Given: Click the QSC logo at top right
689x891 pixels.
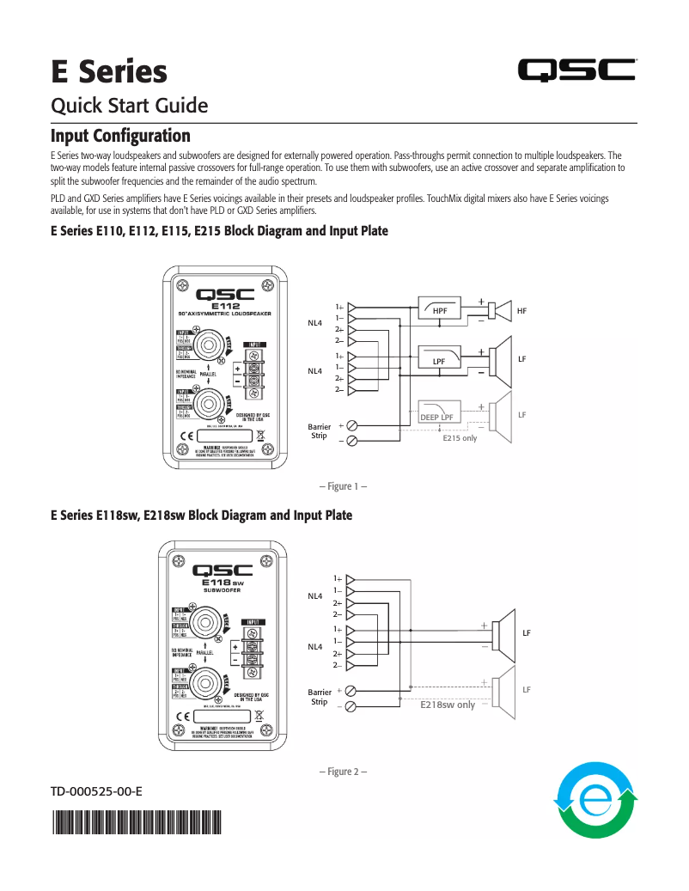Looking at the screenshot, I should pos(576,71).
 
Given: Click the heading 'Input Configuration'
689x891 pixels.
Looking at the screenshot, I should pos(120,137).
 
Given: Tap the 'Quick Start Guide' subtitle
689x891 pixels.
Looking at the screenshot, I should pos(130,106).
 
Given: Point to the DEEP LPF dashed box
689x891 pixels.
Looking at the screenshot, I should pos(438,413).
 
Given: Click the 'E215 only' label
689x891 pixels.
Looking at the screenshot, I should pos(460,438).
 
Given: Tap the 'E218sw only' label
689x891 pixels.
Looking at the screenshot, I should pos(447,705).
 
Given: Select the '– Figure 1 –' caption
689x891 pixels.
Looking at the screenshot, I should pos(344,487).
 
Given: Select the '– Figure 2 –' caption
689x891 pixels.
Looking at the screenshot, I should pos(344,772).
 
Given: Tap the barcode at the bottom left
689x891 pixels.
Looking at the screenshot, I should pos(136,823).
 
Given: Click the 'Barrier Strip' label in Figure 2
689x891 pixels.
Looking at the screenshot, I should pos(320,696).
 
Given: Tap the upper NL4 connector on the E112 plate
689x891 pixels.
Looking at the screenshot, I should pos(207,347).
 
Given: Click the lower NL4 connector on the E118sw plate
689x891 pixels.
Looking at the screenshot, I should pos(207,683).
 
